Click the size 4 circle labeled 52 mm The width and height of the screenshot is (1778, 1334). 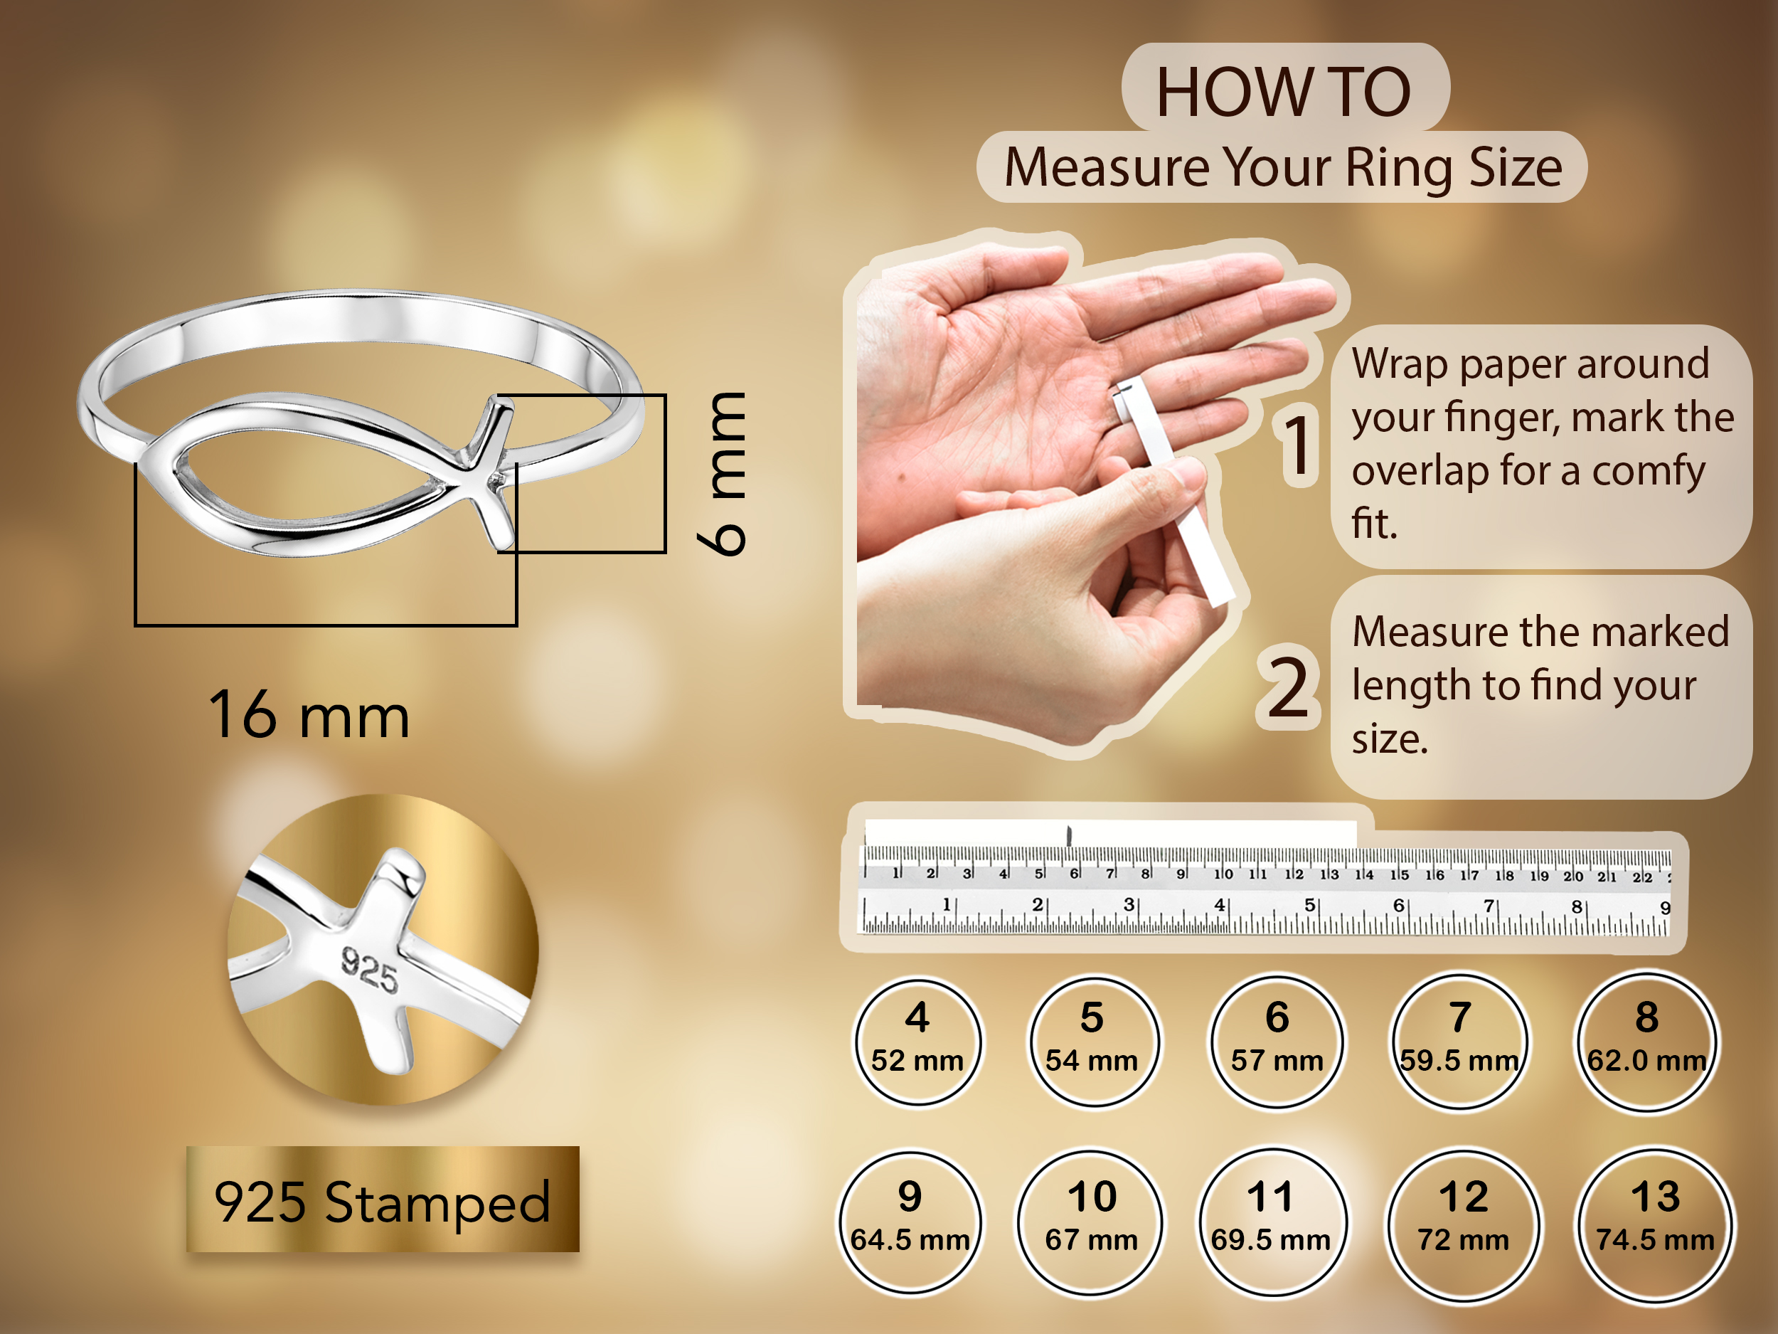917,1042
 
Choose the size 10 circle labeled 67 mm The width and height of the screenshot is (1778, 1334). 1091,1223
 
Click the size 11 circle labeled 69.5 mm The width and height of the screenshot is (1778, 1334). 1272,1223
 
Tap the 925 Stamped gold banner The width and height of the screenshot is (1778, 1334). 383,1199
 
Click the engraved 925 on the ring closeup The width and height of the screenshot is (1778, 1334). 370,970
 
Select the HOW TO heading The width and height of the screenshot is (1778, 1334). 1284,92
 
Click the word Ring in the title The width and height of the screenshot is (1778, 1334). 1400,169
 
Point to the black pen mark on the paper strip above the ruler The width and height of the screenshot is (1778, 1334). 1070,835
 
